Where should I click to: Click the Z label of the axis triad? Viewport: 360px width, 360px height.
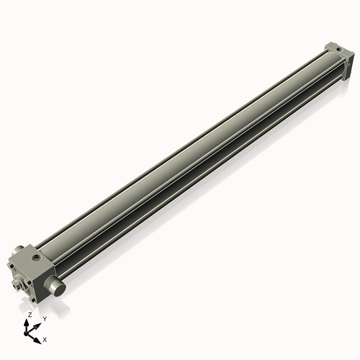tap(30, 315)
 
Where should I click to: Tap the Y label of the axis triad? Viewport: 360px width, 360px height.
tap(44, 318)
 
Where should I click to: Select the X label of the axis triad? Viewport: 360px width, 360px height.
tap(45, 338)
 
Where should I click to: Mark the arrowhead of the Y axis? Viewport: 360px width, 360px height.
tap(37, 323)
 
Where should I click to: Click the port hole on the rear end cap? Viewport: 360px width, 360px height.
tap(335, 48)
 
